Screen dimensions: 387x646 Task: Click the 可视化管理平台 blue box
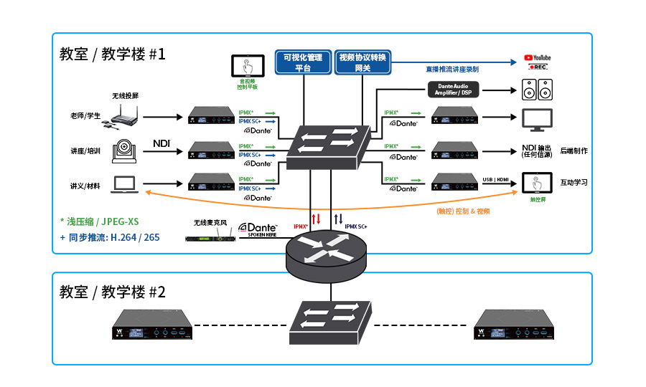303,62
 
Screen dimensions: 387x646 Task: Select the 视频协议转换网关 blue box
363,62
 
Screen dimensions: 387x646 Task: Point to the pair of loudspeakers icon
537,90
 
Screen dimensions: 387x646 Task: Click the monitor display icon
536,120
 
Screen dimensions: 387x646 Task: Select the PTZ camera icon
127,150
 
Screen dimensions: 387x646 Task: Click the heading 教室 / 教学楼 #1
113,54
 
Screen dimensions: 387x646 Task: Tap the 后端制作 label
574,151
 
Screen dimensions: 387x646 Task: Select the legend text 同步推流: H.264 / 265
110,236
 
